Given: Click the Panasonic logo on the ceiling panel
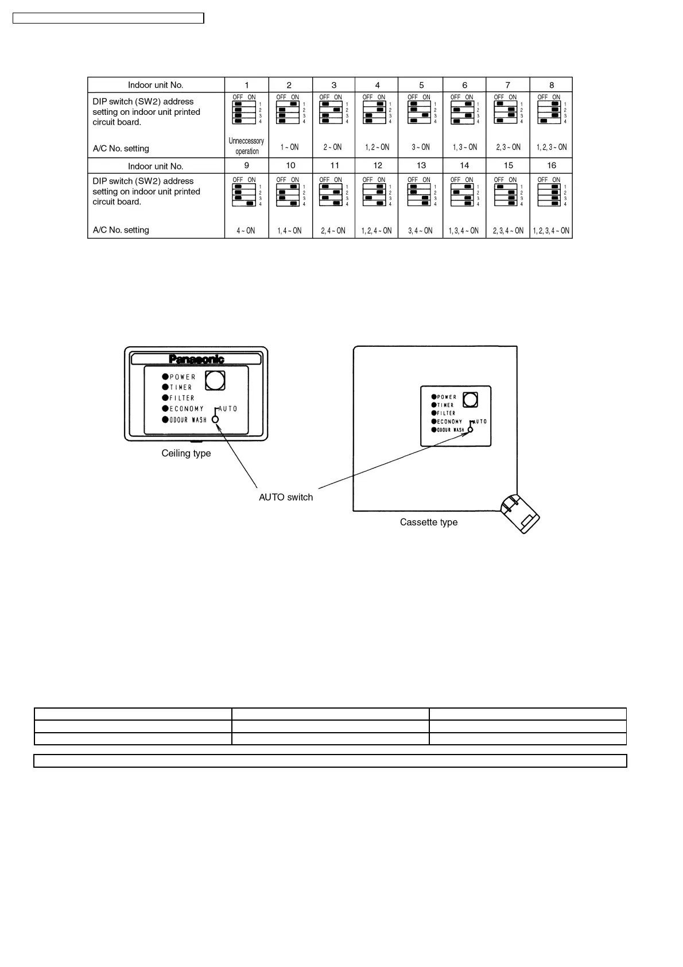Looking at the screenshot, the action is (x=196, y=359).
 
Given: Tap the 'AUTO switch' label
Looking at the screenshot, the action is (x=286, y=497).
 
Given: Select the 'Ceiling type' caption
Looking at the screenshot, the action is (x=186, y=454).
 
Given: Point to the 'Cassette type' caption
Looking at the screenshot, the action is (x=429, y=523).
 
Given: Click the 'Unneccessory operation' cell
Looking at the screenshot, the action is (x=246, y=146).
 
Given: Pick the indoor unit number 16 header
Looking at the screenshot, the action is (x=552, y=165).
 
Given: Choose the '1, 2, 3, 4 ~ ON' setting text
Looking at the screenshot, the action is (x=551, y=231).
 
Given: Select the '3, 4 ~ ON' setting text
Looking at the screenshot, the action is (x=421, y=231).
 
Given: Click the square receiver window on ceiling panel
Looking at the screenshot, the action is (x=215, y=380).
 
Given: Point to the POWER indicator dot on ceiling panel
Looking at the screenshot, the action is (x=165, y=377).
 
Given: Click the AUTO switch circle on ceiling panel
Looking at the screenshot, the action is (x=215, y=419).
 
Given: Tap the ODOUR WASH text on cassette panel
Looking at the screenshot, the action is (x=451, y=430).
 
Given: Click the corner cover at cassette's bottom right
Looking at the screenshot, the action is (x=520, y=513).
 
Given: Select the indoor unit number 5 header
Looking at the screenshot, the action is (x=421, y=85).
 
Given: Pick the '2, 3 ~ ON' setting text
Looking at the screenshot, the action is (x=508, y=147).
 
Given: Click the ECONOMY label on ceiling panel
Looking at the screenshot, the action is (x=187, y=409).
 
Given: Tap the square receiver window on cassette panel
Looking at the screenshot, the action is (x=470, y=400).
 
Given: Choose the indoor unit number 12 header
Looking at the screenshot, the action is (x=377, y=165).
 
